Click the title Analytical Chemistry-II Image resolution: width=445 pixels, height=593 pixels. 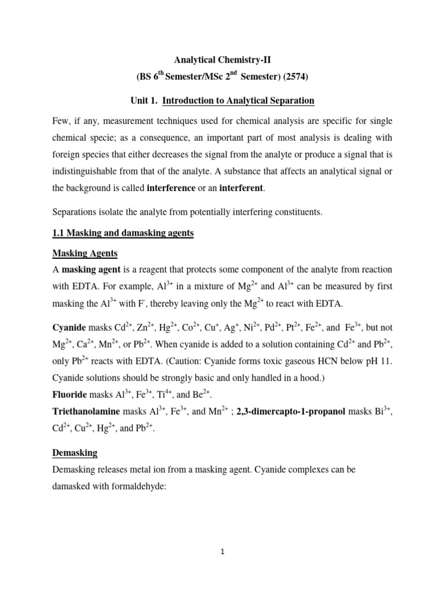coord(222,59)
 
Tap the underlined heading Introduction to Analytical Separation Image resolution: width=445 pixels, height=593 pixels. coord(238,101)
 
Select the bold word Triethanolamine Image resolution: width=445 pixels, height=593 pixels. coord(87,412)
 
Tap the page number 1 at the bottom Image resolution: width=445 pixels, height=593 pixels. coord(222,552)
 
